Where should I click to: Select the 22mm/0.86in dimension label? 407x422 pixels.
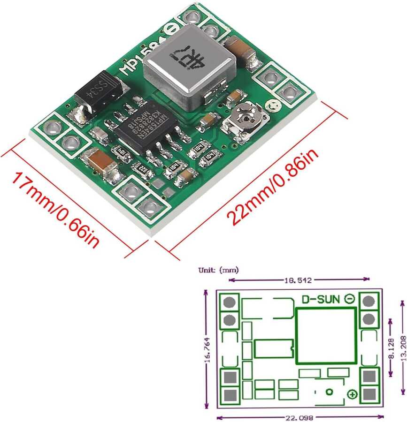[x=273, y=188]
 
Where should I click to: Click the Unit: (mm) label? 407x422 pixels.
[x=218, y=270]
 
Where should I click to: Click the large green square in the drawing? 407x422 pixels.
[x=326, y=335]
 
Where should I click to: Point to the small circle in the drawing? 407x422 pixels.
[x=330, y=392]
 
